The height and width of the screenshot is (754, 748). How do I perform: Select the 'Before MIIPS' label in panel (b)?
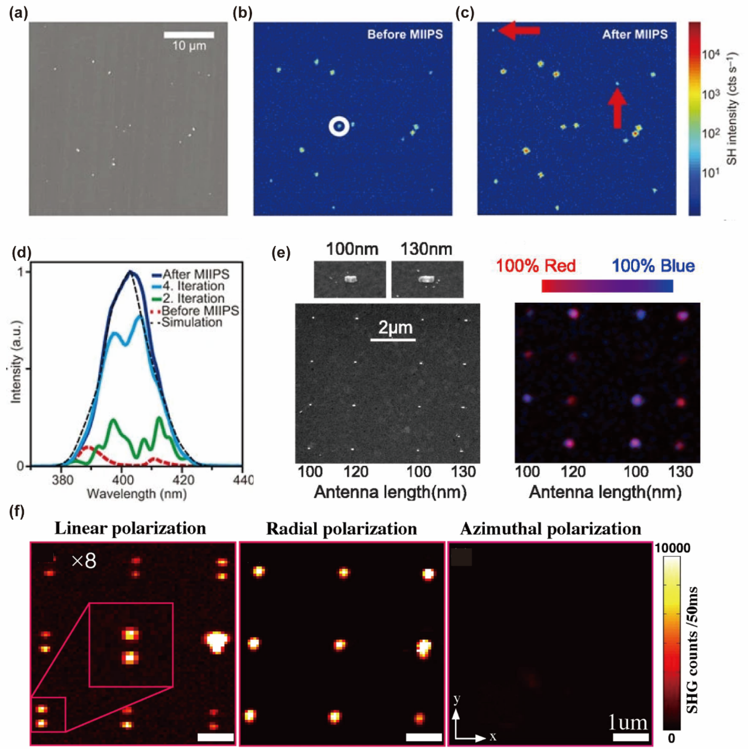coord(405,34)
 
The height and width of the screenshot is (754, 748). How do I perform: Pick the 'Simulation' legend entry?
coord(192,322)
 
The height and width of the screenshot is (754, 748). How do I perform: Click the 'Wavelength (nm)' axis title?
coord(136,494)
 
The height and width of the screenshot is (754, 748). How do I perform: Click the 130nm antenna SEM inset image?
coord(427,279)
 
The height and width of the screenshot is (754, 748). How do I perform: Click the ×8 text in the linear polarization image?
coord(84,561)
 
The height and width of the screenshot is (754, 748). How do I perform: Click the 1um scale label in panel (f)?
coord(628,722)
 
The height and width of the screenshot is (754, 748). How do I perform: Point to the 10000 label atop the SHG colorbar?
coord(672,548)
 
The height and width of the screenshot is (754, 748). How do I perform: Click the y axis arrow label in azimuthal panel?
coord(456,699)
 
